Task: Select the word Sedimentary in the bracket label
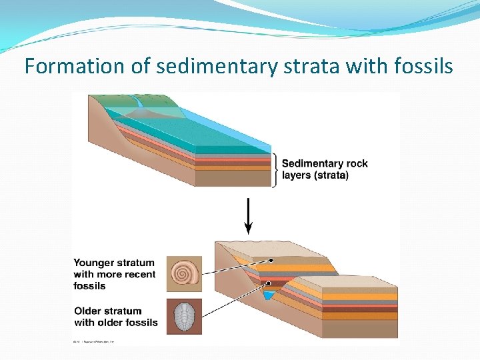coord(313,163)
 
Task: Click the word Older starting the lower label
coord(89,311)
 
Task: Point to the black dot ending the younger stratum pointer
coord(272,260)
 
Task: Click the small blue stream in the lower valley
coord(269,295)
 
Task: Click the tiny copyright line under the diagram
coord(94,341)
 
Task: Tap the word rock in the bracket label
coord(356,163)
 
